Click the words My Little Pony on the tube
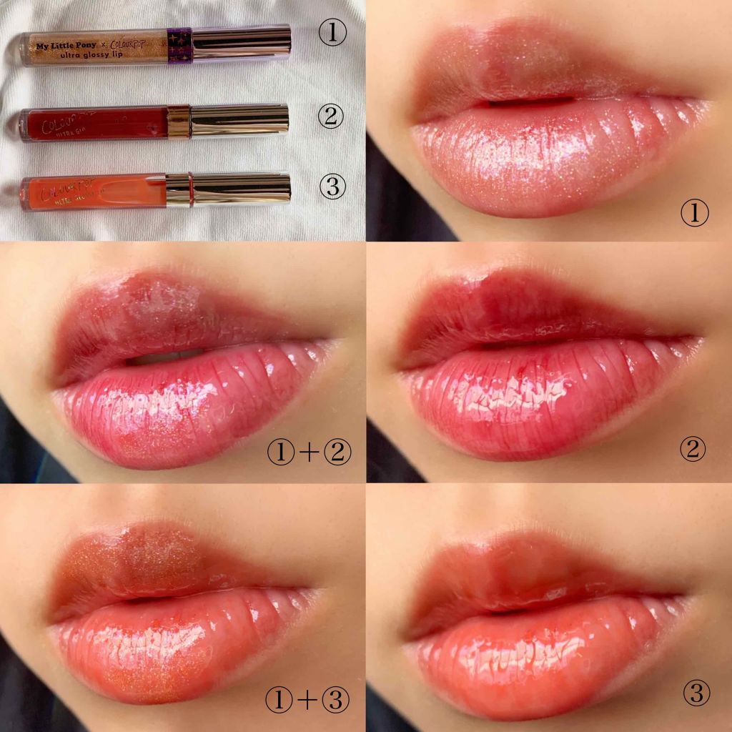pos(65,37)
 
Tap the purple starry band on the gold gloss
pos(179,44)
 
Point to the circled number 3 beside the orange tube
pos(332,187)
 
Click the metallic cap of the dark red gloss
pos(239,120)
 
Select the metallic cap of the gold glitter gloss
pos(241,42)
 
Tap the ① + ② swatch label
pos(308,452)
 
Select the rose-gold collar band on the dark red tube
pos(178,121)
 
